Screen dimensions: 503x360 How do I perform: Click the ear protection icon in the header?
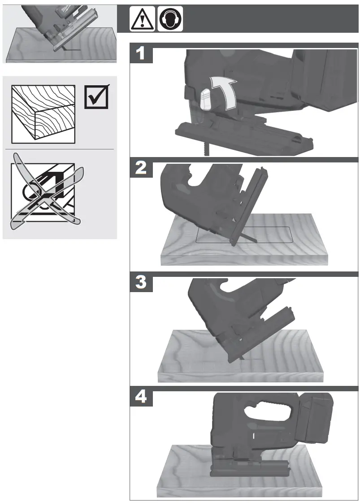170,19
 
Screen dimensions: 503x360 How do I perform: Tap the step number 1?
141,54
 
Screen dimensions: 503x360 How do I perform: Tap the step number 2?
141,168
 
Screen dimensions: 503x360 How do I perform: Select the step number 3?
141,283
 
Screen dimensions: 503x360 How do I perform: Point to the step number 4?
141,398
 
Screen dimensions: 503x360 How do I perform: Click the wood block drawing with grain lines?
43,112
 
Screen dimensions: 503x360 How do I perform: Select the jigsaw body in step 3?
224,310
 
